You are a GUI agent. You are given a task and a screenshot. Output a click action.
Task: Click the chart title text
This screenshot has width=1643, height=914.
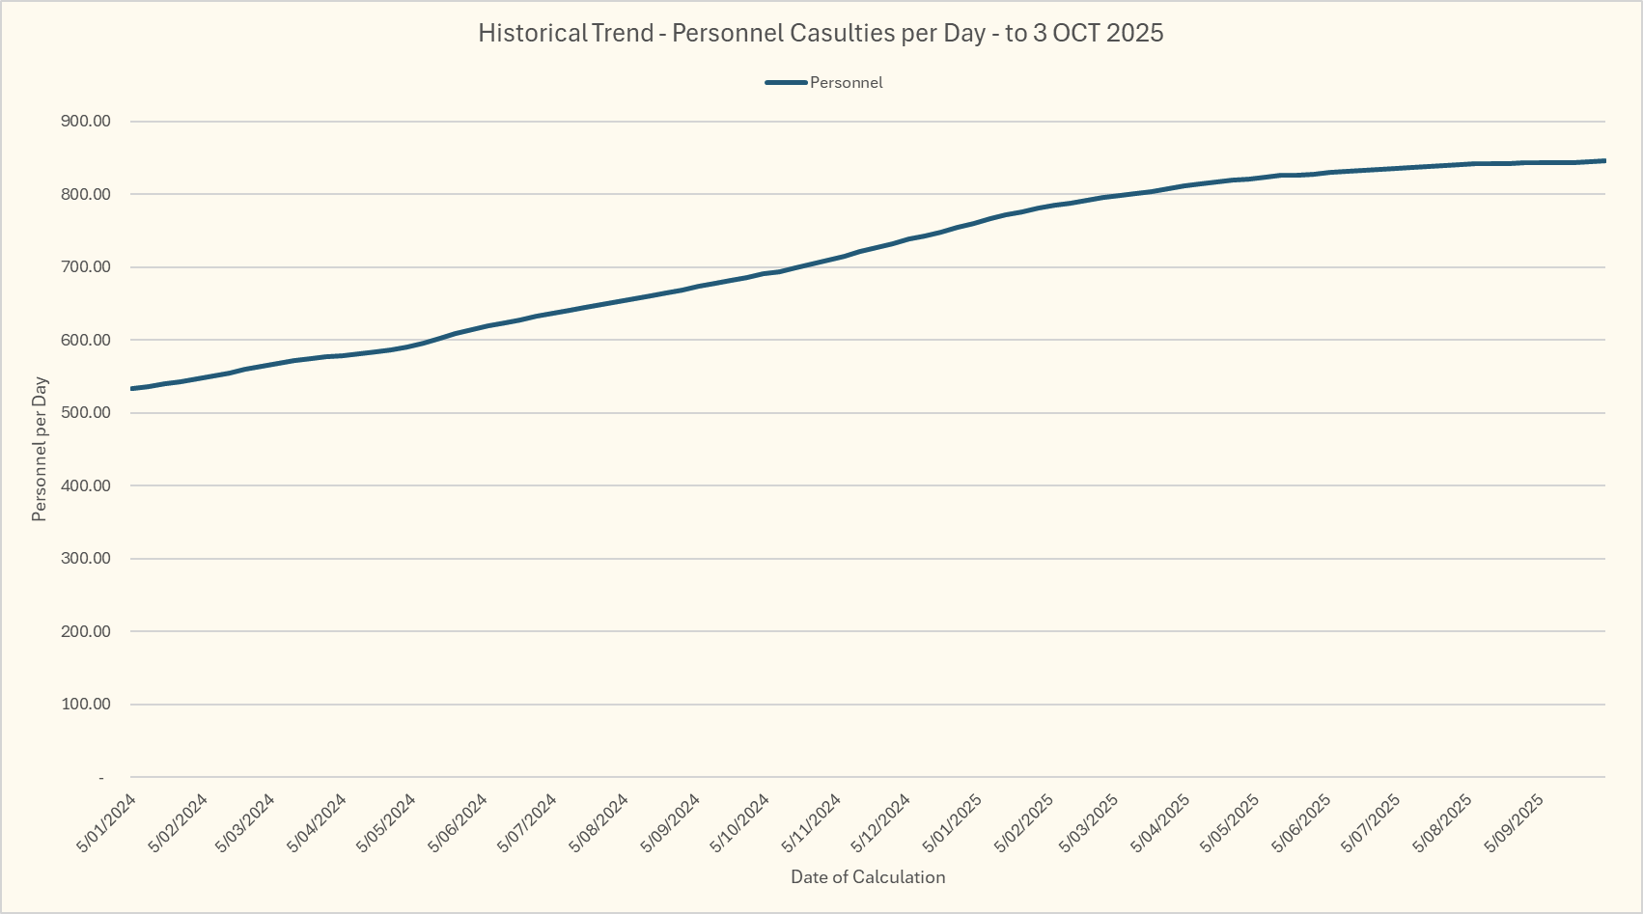821,33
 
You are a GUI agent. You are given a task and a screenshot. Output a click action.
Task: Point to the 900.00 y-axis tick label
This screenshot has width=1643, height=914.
86,122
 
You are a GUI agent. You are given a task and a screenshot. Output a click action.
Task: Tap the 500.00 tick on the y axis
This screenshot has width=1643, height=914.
86,413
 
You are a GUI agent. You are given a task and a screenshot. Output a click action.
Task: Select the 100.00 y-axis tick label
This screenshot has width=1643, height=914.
86,705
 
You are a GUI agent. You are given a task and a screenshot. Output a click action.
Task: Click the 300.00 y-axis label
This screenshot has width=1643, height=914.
86,559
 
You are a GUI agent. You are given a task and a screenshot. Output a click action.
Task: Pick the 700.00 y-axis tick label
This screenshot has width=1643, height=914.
86,267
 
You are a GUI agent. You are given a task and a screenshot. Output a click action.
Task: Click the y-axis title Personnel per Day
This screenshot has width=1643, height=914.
40,449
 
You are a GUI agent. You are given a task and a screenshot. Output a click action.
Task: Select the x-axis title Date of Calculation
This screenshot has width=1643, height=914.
868,877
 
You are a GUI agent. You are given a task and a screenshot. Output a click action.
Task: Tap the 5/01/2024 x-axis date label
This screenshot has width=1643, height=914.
107,823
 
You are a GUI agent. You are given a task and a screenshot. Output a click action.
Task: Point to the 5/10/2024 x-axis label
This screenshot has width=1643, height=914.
741,823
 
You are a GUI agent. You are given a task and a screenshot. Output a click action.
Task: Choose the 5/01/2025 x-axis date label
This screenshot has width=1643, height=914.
954,823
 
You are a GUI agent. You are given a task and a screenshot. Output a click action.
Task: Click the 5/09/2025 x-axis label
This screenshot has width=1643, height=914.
1515,823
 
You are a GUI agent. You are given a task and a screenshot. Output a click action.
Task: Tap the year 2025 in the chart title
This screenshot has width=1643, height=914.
1135,33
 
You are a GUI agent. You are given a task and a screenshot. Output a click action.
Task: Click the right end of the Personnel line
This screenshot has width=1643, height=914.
1604,160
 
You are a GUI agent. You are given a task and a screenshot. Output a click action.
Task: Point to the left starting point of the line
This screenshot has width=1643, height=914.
131,389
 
